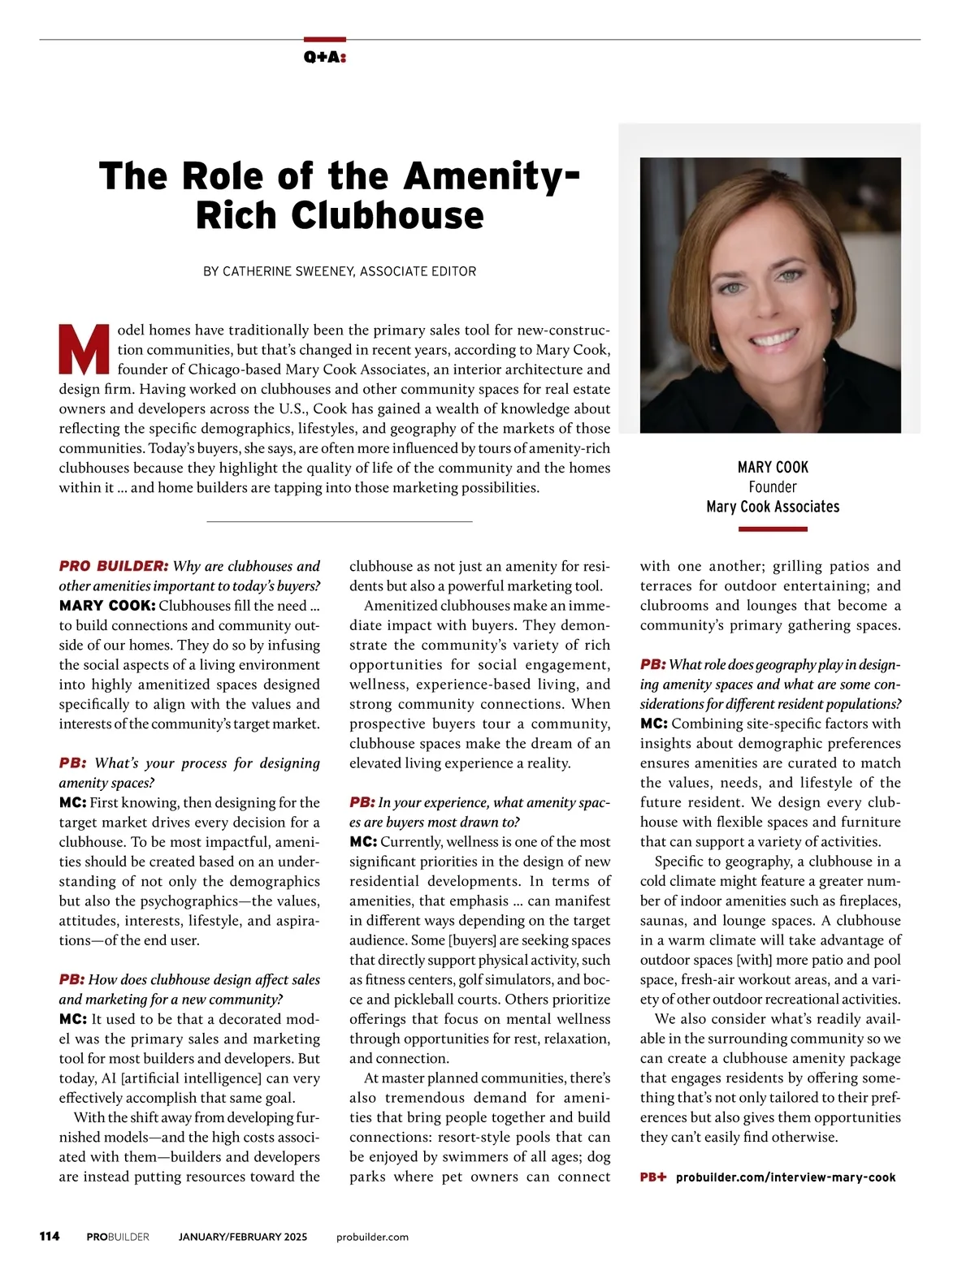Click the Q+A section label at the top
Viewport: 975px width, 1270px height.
pyautogui.click(x=324, y=57)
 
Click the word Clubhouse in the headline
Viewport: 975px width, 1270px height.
pyautogui.click(x=388, y=216)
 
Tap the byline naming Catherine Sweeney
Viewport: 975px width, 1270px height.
pyautogui.click(x=340, y=271)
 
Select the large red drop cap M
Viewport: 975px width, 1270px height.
pyautogui.click(x=84, y=350)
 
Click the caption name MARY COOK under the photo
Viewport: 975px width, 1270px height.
pyautogui.click(x=773, y=468)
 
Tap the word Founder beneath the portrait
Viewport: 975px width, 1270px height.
pyautogui.click(x=773, y=487)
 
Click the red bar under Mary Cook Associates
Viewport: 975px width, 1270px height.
pyautogui.click(x=773, y=529)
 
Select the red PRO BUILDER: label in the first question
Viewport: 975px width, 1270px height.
pyautogui.click(x=113, y=566)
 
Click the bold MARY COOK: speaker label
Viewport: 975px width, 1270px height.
pyautogui.click(x=106, y=606)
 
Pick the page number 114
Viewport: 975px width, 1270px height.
pyautogui.click(x=50, y=1237)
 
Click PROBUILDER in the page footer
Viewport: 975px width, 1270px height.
pyautogui.click(x=118, y=1237)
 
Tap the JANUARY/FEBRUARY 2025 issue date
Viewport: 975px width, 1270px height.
pyautogui.click(x=243, y=1237)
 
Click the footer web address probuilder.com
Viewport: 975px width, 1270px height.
pyautogui.click(x=372, y=1237)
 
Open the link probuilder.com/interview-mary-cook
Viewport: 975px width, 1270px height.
pyautogui.click(x=786, y=1177)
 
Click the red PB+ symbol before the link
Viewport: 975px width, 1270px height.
pyautogui.click(x=652, y=1177)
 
